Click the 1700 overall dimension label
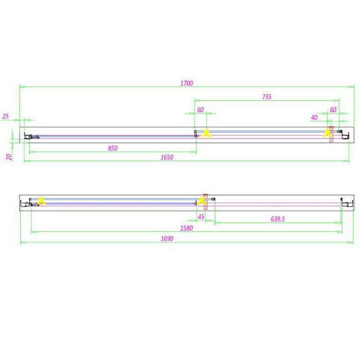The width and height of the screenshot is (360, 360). (x=187, y=83)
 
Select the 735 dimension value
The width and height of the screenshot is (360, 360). (x=267, y=97)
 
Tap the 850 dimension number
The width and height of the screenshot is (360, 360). (x=113, y=148)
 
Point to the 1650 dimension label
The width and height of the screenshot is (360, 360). (x=167, y=157)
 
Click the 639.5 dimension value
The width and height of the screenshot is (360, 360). (x=278, y=219)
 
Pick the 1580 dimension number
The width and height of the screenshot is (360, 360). (x=186, y=228)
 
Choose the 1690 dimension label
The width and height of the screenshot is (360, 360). (x=167, y=239)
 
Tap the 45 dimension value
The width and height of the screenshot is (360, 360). (x=201, y=217)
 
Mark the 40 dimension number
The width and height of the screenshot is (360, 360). (x=314, y=118)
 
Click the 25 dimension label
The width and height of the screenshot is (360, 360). (x=5, y=116)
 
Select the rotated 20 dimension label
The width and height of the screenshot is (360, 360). (x=9, y=157)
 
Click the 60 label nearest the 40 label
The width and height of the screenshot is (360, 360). (x=333, y=110)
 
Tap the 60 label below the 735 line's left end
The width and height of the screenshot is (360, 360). (x=201, y=110)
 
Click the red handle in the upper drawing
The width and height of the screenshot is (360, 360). (x=331, y=134)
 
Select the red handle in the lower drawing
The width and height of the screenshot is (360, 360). (x=206, y=202)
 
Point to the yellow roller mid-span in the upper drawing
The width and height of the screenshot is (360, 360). (x=206, y=133)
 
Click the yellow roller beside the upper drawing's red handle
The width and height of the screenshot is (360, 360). (x=327, y=133)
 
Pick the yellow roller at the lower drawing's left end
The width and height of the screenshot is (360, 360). (x=41, y=201)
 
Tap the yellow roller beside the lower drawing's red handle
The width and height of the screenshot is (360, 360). (x=201, y=201)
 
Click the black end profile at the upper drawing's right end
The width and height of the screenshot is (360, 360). (x=345, y=136)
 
